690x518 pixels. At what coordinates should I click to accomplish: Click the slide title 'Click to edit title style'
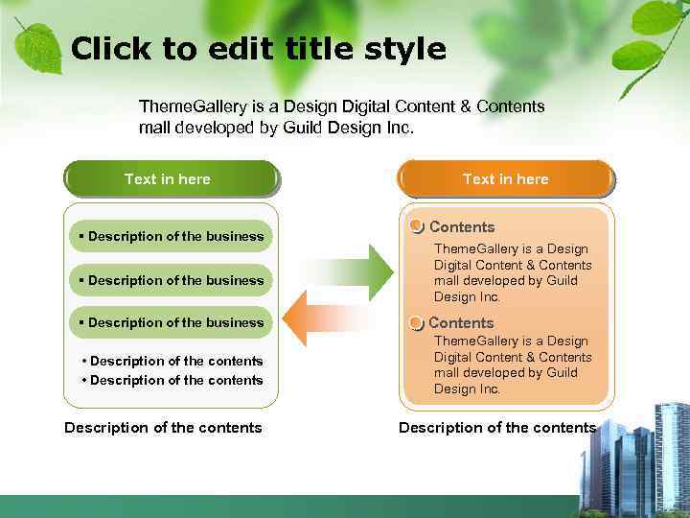pos(259,49)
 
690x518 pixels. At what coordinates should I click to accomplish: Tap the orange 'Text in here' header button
pos(506,179)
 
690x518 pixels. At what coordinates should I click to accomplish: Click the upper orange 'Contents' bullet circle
pos(416,226)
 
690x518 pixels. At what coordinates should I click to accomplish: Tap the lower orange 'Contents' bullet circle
pos(416,323)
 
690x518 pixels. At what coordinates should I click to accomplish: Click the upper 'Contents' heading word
pos(462,227)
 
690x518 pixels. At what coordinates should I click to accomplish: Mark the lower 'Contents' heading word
pos(461,323)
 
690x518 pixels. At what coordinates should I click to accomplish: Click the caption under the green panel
pos(163,428)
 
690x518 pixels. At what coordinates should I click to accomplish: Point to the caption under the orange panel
pos(497,428)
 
